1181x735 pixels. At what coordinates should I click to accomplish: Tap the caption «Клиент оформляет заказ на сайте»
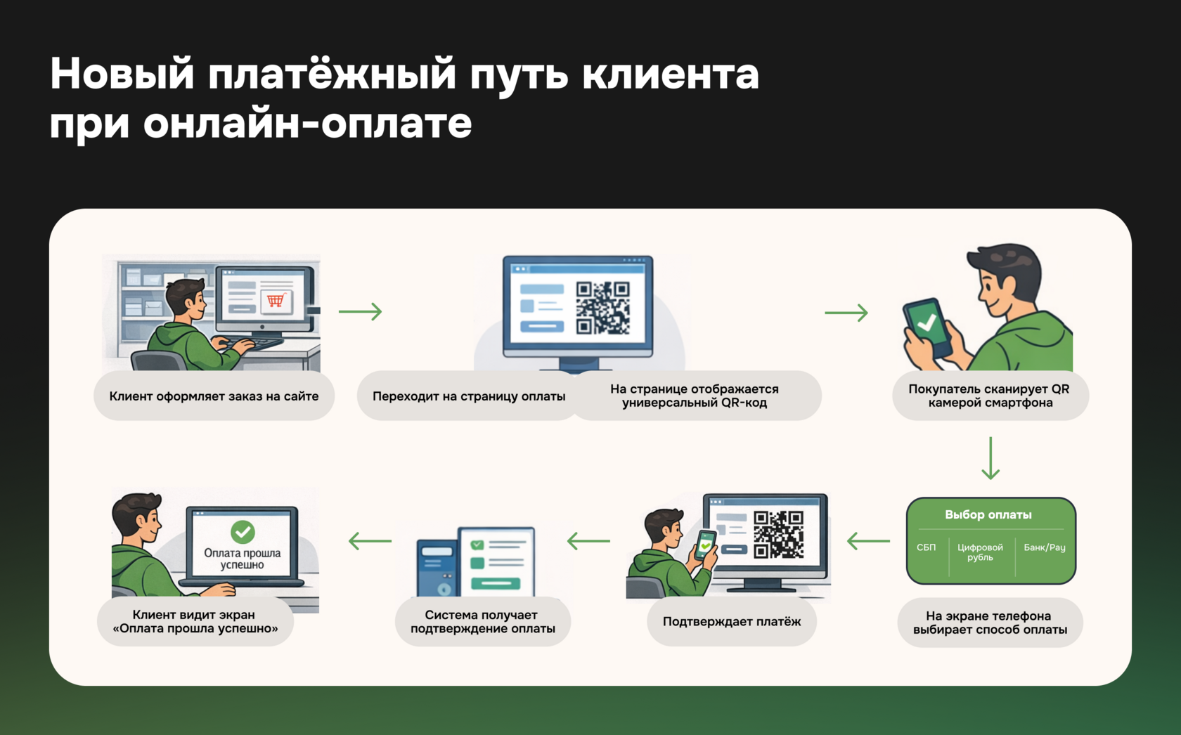point(214,396)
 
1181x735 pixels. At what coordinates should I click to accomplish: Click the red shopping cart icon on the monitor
point(276,300)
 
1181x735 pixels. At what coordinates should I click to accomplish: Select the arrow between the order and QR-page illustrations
point(360,311)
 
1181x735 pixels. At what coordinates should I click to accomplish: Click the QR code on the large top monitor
point(602,308)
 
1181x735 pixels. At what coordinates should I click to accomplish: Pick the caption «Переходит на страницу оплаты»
point(468,396)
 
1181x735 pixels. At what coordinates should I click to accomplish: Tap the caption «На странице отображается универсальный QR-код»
point(694,396)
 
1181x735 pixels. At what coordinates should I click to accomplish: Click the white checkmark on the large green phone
point(927,323)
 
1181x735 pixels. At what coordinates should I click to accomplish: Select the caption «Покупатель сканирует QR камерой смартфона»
point(989,396)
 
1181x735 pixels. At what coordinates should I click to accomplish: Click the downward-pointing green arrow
point(990,458)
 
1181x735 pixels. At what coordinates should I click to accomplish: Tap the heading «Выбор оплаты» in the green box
point(988,514)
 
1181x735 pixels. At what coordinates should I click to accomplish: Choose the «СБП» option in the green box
point(926,547)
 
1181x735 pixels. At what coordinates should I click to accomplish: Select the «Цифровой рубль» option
point(980,552)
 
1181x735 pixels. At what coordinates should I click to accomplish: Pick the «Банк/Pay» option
point(1044,547)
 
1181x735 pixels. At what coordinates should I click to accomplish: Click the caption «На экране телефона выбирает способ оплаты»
point(989,623)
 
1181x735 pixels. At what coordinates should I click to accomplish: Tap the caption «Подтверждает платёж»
point(731,621)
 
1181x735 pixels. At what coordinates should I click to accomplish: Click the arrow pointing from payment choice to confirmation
point(868,541)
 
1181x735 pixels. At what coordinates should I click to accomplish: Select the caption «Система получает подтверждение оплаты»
point(482,622)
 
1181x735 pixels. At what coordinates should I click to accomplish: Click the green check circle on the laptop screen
point(243,532)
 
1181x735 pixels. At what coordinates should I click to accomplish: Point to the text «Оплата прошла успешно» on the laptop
point(242,559)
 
